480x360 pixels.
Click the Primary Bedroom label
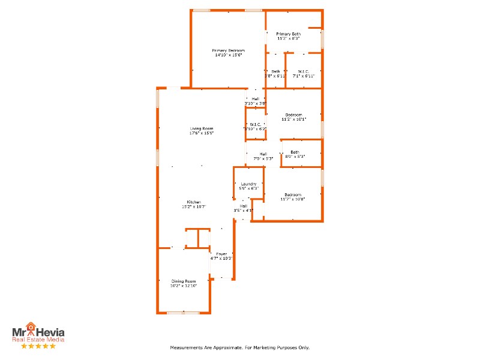pos(228,50)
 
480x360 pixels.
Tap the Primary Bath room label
pos(288,34)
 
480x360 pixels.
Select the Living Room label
pos(202,128)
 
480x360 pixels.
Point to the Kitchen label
pos(193,202)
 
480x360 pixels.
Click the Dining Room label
pos(184,281)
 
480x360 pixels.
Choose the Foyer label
pos(222,254)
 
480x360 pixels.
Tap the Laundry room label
pos(248,184)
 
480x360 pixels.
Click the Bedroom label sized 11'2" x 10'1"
pos(293,115)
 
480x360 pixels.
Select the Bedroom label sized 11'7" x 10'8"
pos(293,194)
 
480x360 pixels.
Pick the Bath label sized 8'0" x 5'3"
pos(295,152)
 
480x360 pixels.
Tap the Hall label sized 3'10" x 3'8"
pos(255,99)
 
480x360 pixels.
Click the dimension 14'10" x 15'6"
pos(228,55)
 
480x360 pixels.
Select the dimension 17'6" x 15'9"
pos(202,133)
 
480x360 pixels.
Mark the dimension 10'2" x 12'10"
pos(184,286)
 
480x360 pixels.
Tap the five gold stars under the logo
pos(38,346)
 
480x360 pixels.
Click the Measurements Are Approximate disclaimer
pos(239,347)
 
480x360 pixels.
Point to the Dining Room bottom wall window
pos(183,313)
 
